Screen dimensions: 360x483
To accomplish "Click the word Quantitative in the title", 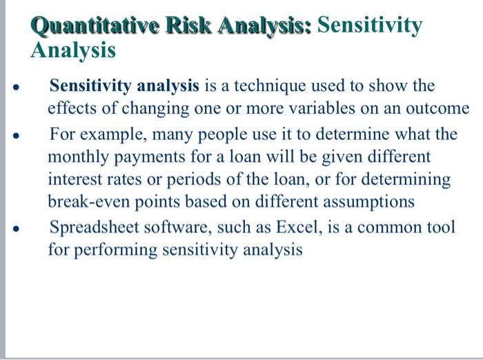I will [x=89, y=26].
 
